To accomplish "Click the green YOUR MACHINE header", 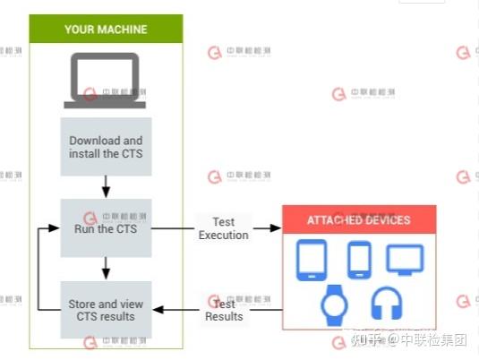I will [106, 30].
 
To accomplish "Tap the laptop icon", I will [105, 81].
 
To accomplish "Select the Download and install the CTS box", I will [106, 147].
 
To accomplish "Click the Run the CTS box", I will [106, 228].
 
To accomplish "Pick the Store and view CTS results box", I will [106, 310].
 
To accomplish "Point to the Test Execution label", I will [223, 228].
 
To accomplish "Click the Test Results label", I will [223, 310].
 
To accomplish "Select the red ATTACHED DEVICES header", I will [358, 219].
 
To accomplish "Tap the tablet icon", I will [312, 260].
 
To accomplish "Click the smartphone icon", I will [359, 259].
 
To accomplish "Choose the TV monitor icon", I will [405, 259].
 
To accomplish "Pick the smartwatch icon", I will [334, 305].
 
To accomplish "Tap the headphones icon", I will [386, 305].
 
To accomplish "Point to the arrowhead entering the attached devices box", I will [276, 228].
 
